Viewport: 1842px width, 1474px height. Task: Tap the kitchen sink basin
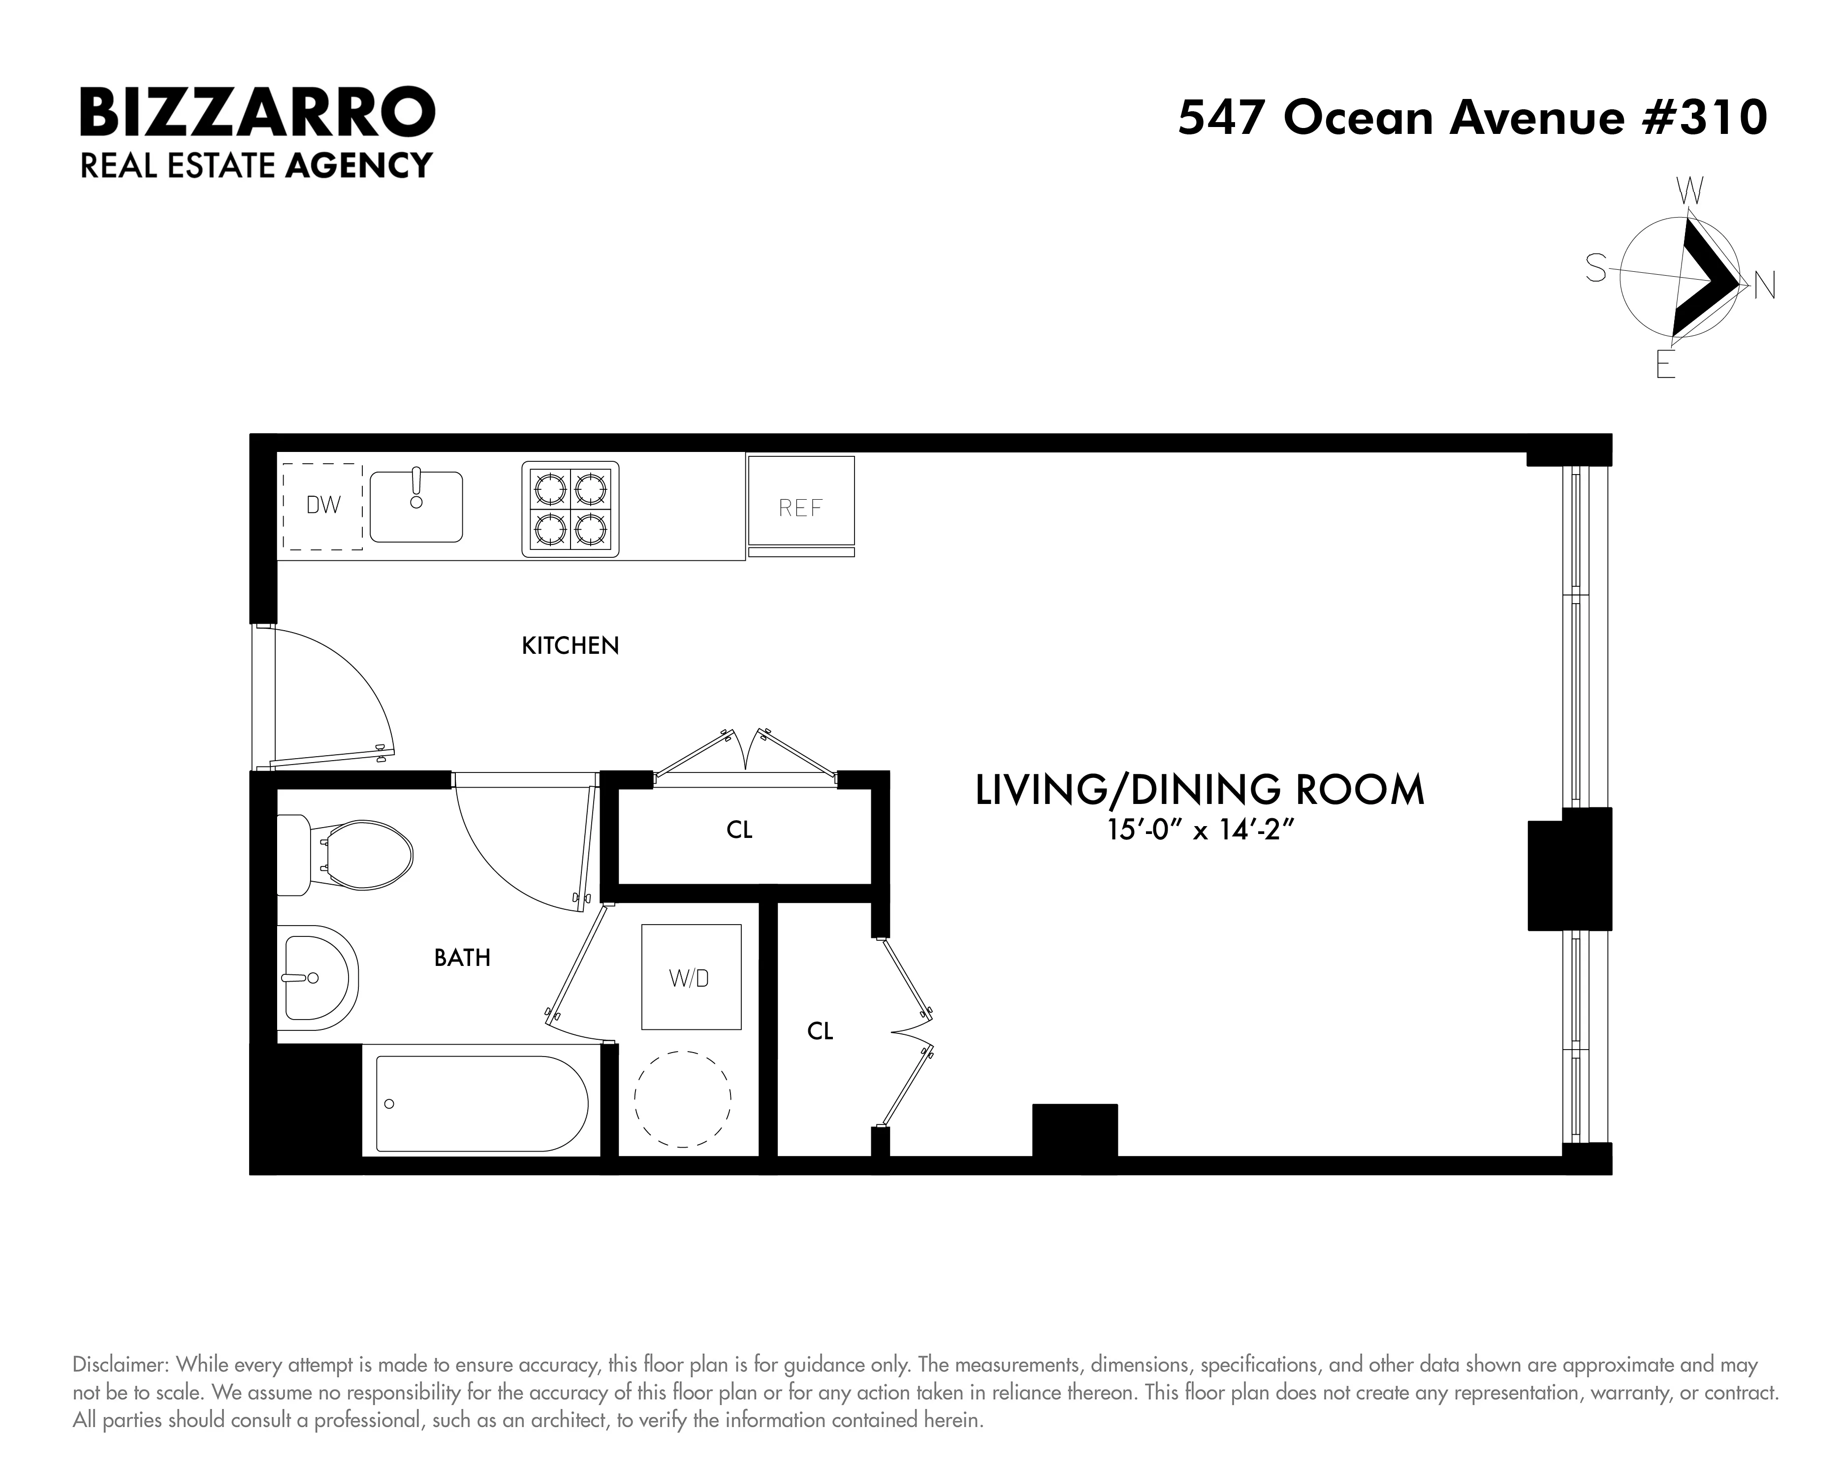[416, 508]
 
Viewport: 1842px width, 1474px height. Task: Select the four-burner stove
[570, 509]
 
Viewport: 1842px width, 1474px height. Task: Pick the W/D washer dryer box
[690, 977]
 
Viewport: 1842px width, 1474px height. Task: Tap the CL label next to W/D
[819, 1031]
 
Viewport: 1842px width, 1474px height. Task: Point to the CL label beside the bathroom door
[739, 830]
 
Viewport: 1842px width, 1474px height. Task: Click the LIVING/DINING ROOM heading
[1200, 790]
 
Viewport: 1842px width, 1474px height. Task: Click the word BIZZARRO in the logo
[257, 113]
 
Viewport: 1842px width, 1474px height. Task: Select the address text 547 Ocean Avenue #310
[1472, 117]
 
